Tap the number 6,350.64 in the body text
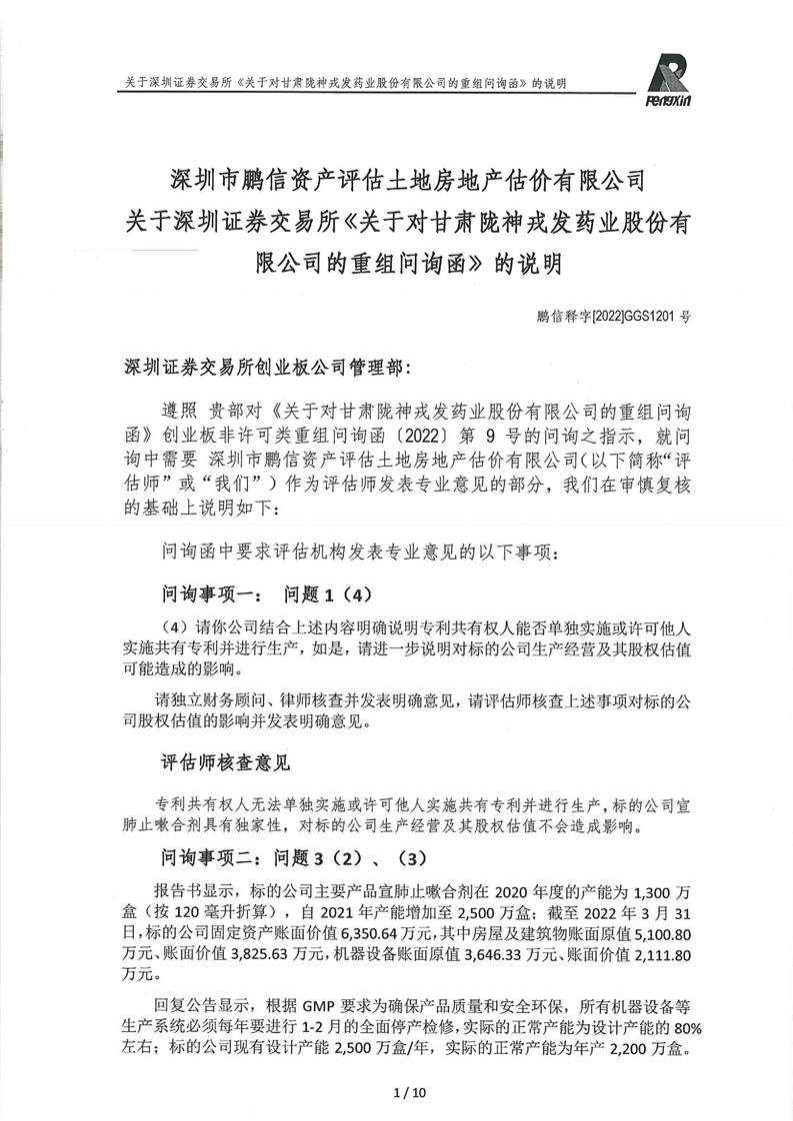tap(300, 931)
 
